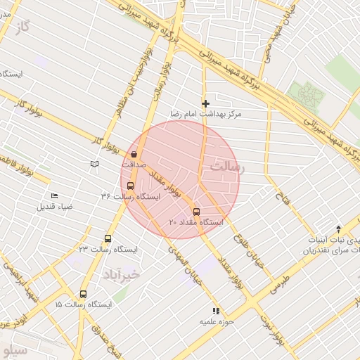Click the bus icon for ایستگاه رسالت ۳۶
(130, 186)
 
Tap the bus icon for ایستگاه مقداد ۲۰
(196, 212)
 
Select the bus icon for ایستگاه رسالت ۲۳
(108, 238)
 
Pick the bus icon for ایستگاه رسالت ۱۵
(84, 295)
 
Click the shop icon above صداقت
(134, 153)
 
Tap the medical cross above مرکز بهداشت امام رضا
(205, 103)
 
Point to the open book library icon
(94, 164)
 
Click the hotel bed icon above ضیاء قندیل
(54, 196)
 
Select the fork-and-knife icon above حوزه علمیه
(216, 310)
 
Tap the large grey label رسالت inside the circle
(226, 168)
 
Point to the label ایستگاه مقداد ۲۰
(196, 222)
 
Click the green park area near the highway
(307, 95)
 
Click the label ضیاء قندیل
(56, 207)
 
